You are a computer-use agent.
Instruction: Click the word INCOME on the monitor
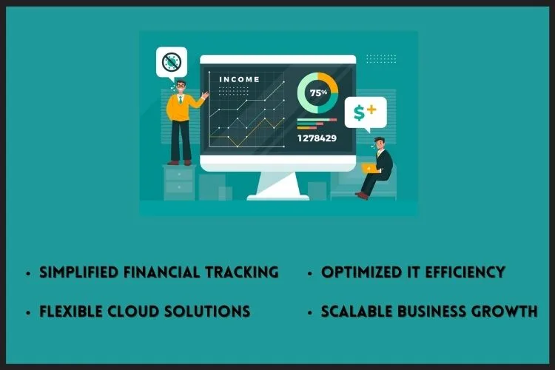239,79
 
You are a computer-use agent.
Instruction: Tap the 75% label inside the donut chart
318,92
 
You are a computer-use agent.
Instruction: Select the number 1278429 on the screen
317,138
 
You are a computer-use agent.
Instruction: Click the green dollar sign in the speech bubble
359,113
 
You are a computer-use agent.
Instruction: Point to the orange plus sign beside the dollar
371,110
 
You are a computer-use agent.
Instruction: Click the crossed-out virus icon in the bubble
172,62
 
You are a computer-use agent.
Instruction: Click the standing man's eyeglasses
181,85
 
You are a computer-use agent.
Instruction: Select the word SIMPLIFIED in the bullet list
78,272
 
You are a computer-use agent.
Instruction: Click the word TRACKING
242,272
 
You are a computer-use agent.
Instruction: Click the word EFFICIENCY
465,272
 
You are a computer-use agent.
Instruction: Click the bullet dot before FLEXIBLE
28,312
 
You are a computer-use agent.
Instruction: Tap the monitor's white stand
278,186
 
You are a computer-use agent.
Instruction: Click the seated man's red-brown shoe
362,195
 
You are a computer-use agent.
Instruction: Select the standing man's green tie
181,99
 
